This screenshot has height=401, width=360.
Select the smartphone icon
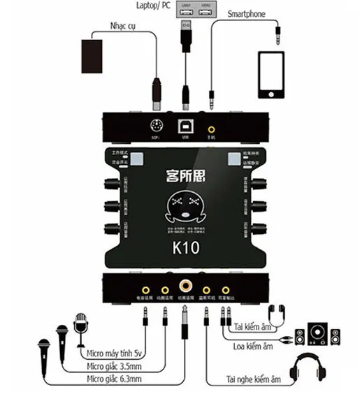pyautogui.click(x=273, y=75)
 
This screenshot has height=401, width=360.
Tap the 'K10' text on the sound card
pyautogui.click(x=184, y=247)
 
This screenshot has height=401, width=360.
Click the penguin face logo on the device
pyautogui.click(x=183, y=210)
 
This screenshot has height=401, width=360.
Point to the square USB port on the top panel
pyautogui.click(x=185, y=127)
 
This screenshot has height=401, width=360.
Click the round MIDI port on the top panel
pyautogui.click(x=157, y=127)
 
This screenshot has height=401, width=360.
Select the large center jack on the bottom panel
pyautogui.click(x=185, y=285)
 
